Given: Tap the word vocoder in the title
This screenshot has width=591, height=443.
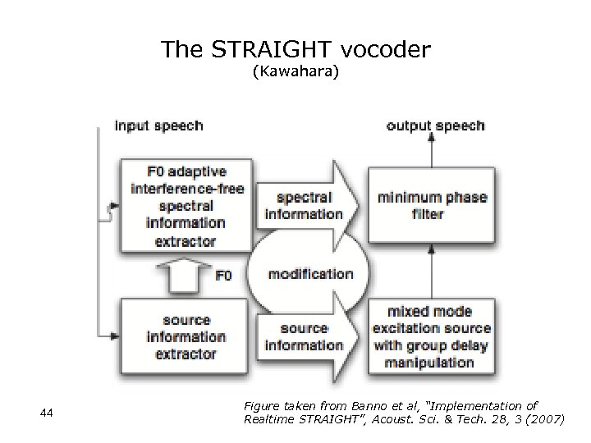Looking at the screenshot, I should (387, 50).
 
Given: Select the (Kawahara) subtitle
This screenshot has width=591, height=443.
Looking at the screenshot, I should (295, 73).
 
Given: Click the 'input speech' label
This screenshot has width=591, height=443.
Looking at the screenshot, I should (158, 126).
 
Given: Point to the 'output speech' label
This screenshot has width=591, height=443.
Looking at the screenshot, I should (435, 126).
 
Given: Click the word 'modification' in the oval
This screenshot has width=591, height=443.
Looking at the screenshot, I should (311, 274).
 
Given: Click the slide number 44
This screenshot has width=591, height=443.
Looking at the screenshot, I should (47, 413).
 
